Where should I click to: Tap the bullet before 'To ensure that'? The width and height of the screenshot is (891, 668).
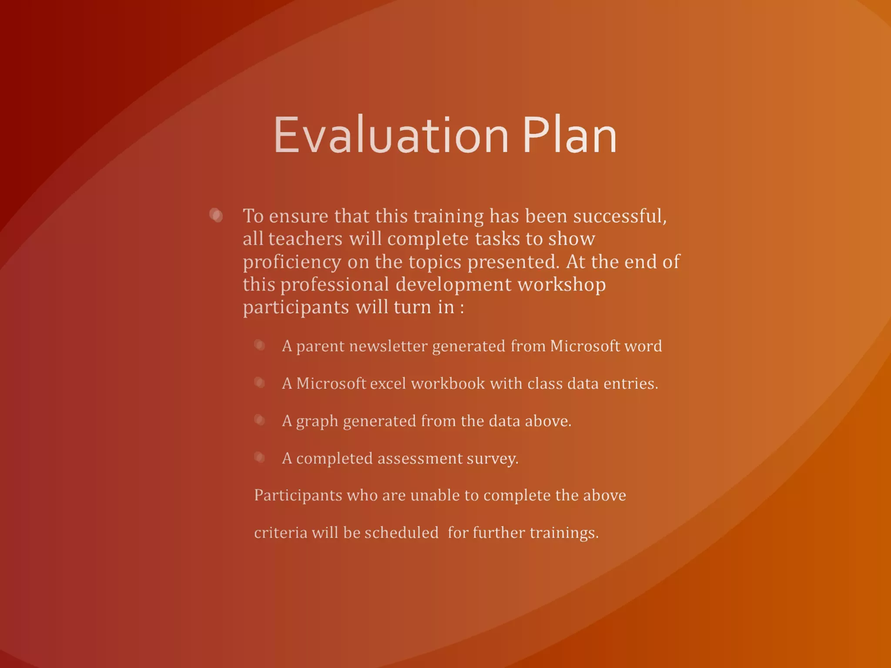pos(216,215)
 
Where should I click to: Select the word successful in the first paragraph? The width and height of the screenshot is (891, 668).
pos(619,216)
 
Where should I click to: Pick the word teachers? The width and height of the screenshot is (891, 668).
pos(305,239)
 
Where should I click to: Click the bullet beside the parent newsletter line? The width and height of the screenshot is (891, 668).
pos(260,345)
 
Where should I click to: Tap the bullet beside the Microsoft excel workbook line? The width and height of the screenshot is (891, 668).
pos(260,383)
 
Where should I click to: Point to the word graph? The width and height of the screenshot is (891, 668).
pos(317,421)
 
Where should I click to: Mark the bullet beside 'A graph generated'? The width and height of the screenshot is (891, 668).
pos(260,420)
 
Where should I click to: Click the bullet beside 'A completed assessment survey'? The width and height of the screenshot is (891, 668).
pos(260,458)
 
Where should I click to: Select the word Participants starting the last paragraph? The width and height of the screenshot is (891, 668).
pos(298,495)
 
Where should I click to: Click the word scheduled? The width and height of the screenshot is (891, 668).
pos(401,533)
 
